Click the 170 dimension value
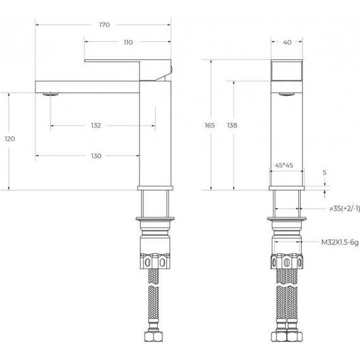point(104,25)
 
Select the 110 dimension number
point(128,42)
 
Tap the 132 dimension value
point(95,126)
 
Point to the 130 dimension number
point(95,155)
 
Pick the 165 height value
point(210,126)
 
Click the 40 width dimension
point(287,42)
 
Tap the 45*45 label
point(284,165)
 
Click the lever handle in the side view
point(126,64)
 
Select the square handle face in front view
point(287,70)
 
